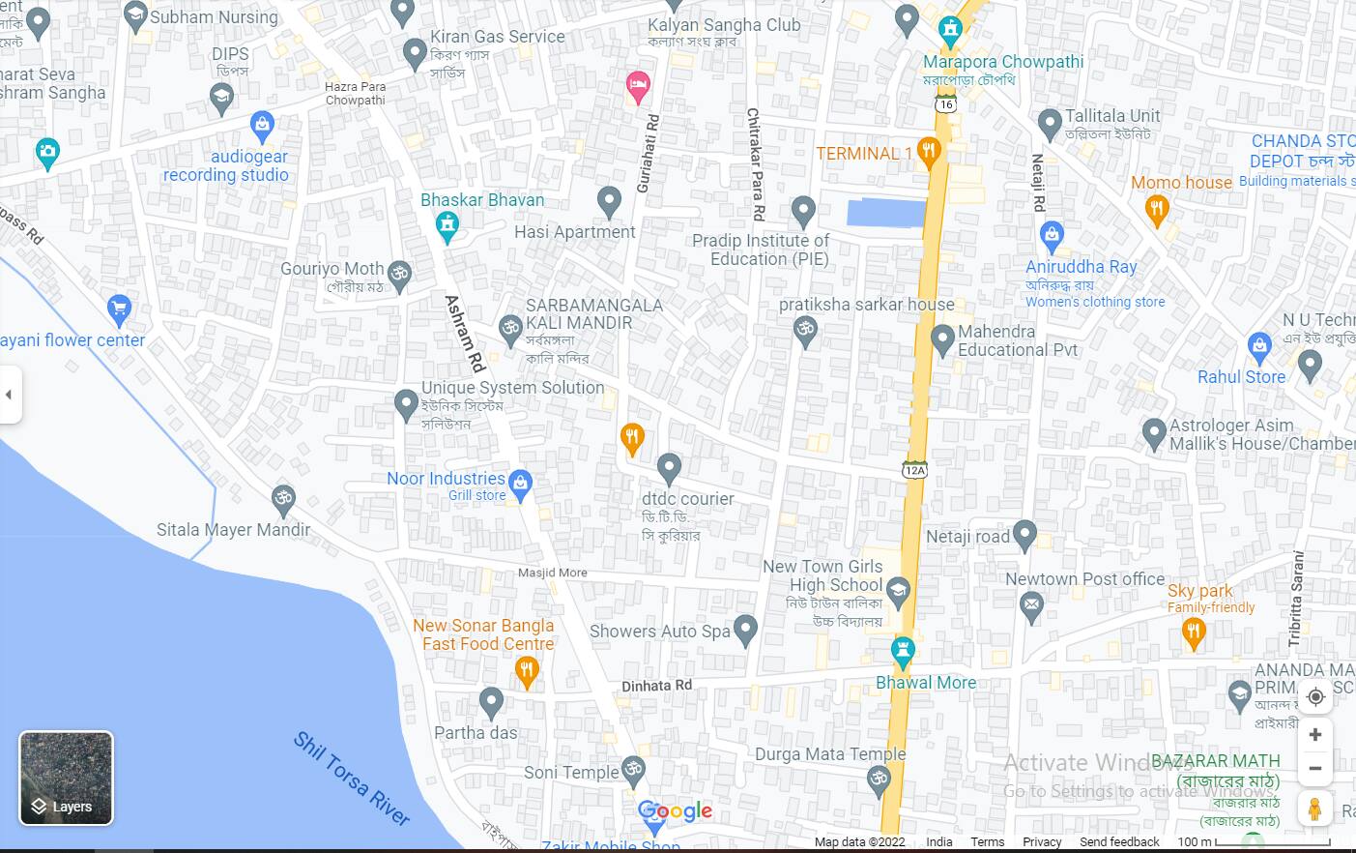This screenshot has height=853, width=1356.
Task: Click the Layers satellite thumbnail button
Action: click(66, 779)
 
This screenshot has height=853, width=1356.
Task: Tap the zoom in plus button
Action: click(1314, 735)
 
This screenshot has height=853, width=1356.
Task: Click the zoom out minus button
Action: click(1314, 769)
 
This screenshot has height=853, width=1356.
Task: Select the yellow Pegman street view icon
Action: click(1314, 809)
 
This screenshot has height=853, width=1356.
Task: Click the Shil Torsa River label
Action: click(352, 779)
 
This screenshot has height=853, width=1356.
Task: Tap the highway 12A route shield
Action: click(914, 470)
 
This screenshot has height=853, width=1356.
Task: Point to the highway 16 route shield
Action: click(945, 103)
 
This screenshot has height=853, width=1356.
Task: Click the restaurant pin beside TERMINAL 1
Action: click(929, 152)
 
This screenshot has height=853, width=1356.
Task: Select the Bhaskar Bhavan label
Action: click(482, 200)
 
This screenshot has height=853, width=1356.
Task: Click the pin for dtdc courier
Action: click(669, 468)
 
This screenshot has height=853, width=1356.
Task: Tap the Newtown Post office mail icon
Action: click(1031, 606)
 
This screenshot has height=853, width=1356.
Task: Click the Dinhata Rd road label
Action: click(656, 686)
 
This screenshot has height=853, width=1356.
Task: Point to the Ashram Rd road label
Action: click(464, 334)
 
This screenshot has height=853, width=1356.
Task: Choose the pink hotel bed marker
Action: click(637, 86)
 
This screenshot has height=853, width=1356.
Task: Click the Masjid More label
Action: click(552, 573)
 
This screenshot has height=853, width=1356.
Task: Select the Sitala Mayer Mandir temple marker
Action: click(283, 499)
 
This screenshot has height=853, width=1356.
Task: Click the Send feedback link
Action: click(1119, 841)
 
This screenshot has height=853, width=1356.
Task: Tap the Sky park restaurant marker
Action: click(1194, 633)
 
